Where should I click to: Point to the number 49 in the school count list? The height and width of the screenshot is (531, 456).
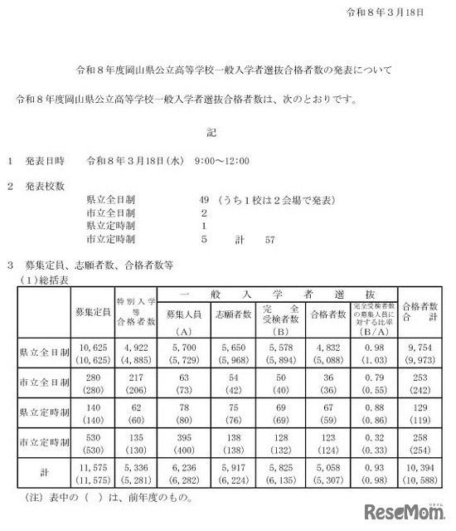(x=205, y=200)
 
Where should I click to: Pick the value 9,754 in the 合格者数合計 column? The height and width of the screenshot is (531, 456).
(x=421, y=347)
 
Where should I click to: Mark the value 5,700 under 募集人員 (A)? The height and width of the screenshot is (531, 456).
(x=182, y=347)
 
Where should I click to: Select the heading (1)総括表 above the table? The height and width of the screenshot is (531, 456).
(x=44, y=280)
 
